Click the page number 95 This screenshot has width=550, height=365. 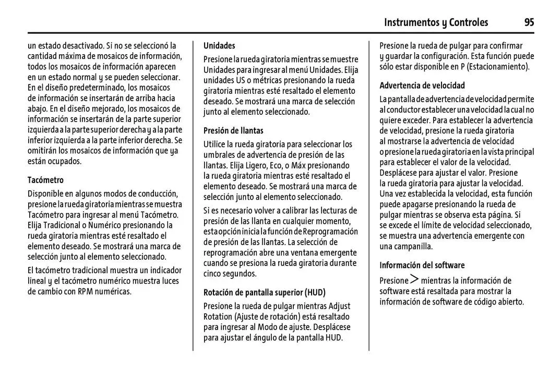tap(529, 22)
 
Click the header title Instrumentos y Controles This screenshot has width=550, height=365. tap(436, 22)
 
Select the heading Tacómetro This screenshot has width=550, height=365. tap(45, 180)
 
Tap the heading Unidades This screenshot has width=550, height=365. tap(219, 45)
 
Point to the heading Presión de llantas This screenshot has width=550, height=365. tap(233, 130)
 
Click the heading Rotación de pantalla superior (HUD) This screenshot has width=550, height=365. tap(264, 292)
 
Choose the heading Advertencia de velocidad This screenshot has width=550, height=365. tap(422, 85)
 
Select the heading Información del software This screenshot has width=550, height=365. tap(422, 265)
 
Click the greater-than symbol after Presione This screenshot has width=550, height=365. tap(414, 281)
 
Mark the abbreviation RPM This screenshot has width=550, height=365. tap(86, 291)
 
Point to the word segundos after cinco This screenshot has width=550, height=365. tap(240, 274)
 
